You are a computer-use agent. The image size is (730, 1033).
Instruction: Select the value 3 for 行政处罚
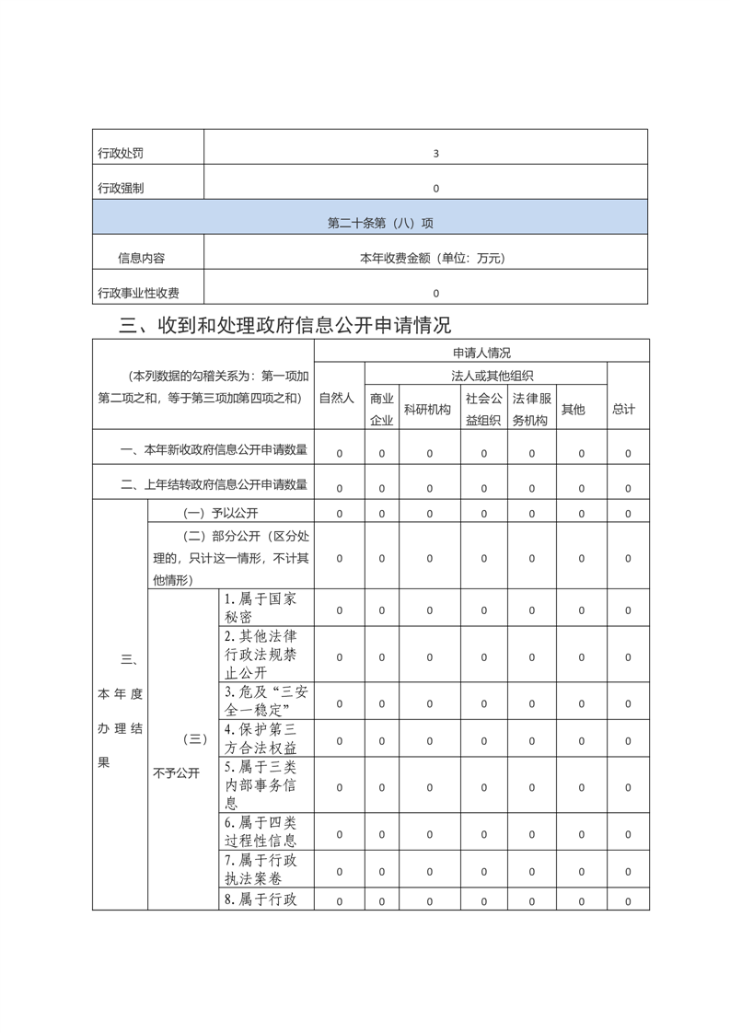pos(435,154)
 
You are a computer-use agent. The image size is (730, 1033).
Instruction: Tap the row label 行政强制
pos(121,189)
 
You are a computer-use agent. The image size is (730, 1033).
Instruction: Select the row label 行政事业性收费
pos(138,294)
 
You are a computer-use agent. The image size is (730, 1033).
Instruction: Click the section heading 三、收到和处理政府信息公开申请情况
pos(285,325)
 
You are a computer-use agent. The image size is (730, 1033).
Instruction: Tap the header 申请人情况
pos(481,352)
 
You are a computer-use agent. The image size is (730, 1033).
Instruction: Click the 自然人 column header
pos(337,399)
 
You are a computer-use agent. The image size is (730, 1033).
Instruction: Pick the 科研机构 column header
pos(427,410)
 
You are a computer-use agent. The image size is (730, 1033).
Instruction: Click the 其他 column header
pos(573,410)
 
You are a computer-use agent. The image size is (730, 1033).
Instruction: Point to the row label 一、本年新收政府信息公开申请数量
pos(214,450)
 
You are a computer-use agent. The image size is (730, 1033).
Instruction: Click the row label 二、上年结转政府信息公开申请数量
pos(214,484)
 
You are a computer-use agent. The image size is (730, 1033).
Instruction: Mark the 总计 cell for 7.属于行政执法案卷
pos(628,870)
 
